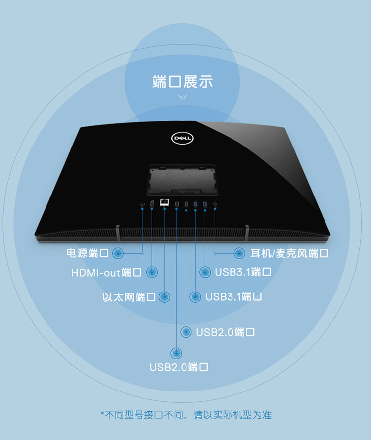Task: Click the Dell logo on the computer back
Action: click(182, 138)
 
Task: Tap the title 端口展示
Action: click(183, 81)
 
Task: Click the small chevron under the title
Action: click(183, 98)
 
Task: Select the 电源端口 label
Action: click(88, 253)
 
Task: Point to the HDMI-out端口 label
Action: click(106, 272)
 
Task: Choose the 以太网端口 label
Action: click(129, 297)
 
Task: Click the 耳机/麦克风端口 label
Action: click(289, 253)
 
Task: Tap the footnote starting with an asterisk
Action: click(186, 415)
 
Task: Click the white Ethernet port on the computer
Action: click(164, 202)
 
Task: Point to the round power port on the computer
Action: click(142, 204)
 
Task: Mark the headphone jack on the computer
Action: click(215, 204)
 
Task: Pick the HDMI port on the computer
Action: click(152, 204)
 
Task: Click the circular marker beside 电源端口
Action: click(118, 253)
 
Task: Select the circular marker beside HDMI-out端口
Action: click(152, 272)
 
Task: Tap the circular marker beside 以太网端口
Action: click(164, 297)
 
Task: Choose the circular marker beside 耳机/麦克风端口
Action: click(239, 253)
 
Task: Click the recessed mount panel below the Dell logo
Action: click(182, 180)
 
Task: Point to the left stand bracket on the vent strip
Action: click(118, 233)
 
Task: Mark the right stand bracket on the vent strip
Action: click(247, 233)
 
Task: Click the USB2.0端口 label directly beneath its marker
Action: click(179, 367)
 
